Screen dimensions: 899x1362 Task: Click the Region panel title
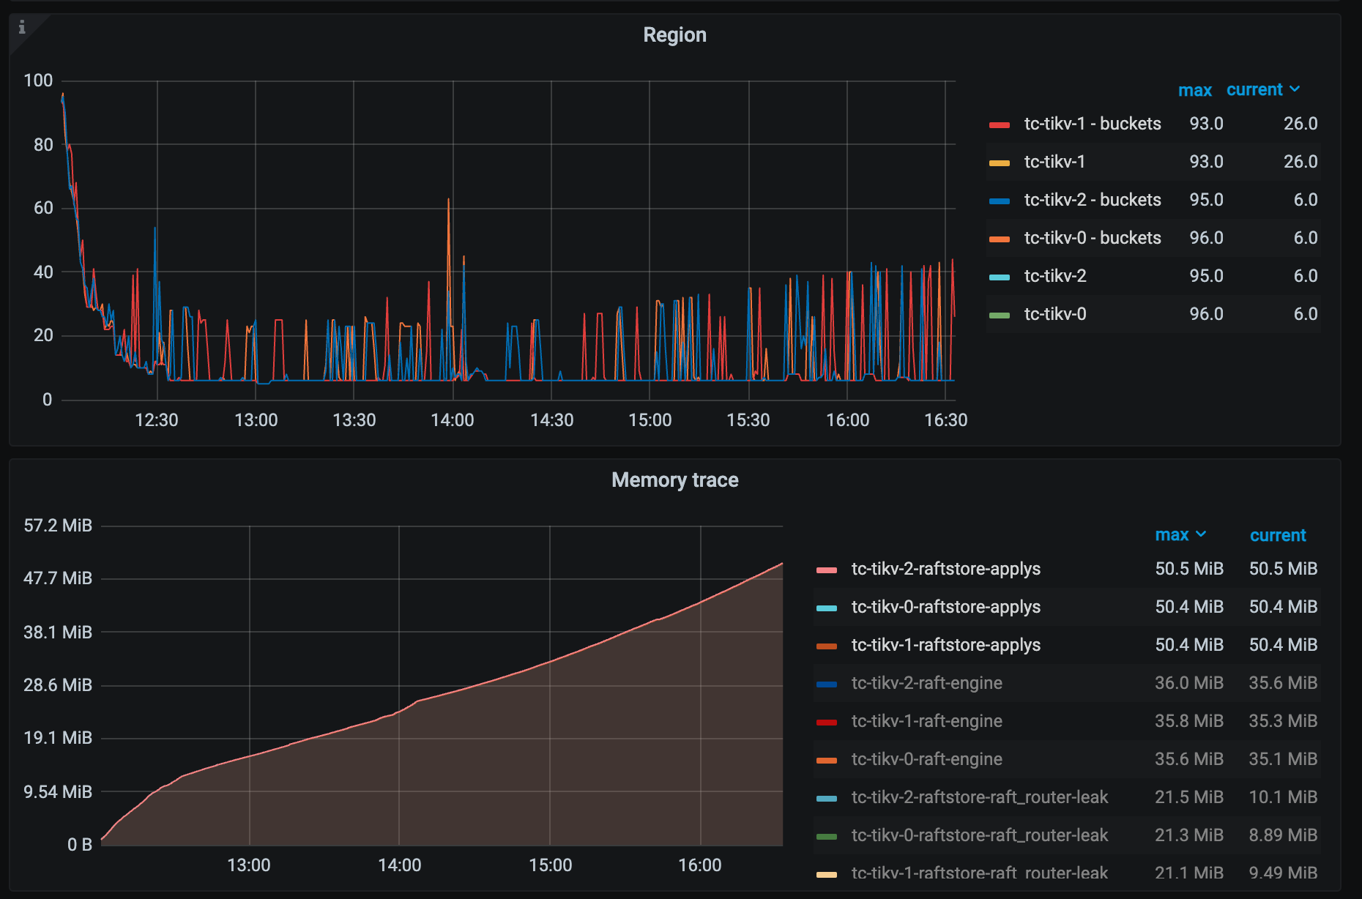click(x=674, y=35)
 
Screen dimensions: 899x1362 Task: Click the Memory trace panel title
click(x=674, y=480)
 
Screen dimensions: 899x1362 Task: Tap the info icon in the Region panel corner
click(x=22, y=27)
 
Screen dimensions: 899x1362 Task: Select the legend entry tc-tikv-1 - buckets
click(x=1092, y=124)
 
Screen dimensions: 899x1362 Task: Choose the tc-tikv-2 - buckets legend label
click(x=1092, y=200)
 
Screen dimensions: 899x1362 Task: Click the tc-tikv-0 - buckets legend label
click(x=1092, y=238)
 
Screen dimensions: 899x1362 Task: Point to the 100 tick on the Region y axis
click(x=38, y=81)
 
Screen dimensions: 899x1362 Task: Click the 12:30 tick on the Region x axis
click(x=157, y=420)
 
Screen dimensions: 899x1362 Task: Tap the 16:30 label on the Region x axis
click(x=945, y=420)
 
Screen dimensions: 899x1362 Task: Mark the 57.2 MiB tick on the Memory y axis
click(x=58, y=526)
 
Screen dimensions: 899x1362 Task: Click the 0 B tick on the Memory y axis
click(x=79, y=845)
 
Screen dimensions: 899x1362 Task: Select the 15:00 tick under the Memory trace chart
click(x=550, y=865)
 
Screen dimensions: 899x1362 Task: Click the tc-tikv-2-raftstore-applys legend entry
click(x=945, y=569)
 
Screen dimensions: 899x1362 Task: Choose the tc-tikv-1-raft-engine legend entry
click(x=926, y=721)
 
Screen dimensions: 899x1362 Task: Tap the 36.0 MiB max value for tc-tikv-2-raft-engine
click(x=1188, y=683)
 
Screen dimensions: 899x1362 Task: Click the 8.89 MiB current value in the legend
click(x=1283, y=835)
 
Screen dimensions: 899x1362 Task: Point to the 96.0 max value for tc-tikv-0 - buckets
click(x=1206, y=238)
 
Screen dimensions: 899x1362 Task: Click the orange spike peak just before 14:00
click(x=448, y=200)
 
